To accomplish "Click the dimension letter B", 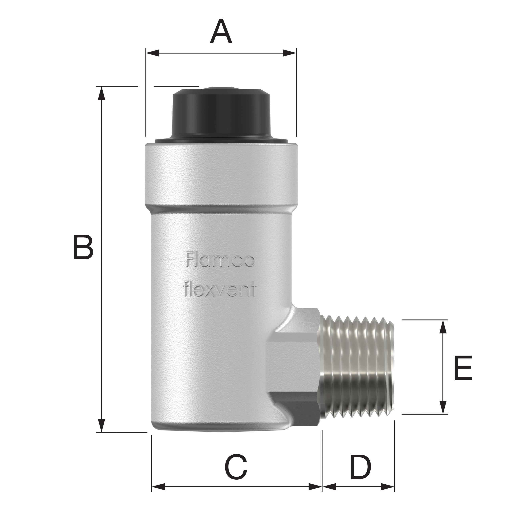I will click(83, 248).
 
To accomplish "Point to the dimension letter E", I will click(463, 368).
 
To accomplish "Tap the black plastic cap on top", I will click(221, 113).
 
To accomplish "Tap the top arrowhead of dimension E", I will click(443, 327).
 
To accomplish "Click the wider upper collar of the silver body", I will click(221, 175).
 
